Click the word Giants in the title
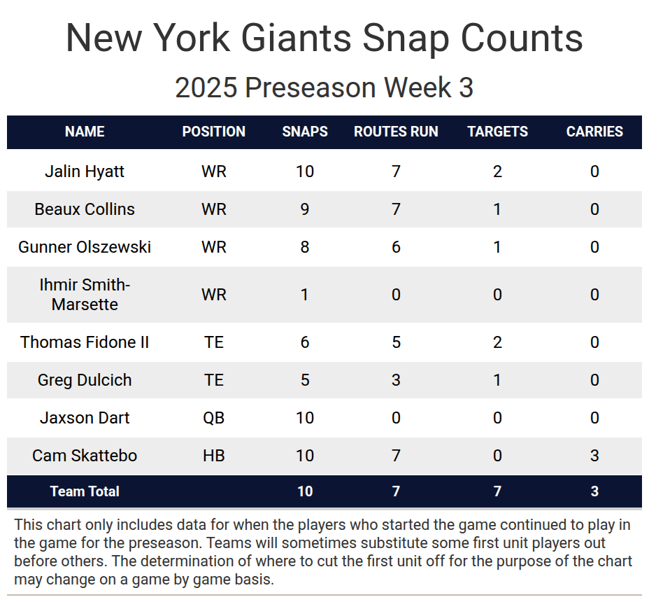[x=296, y=38]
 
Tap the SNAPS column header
[x=305, y=132]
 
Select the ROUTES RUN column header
[x=396, y=132]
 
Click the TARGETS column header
[x=497, y=132]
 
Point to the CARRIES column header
[x=594, y=132]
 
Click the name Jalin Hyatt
[x=85, y=171]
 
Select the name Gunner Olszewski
[x=85, y=247]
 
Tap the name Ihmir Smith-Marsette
[x=85, y=295]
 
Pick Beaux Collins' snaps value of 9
[x=305, y=209]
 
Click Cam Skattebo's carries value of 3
[x=594, y=456]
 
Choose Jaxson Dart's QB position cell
[x=213, y=418]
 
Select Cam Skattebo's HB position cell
[x=213, y=456]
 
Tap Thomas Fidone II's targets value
[x=497, y=342]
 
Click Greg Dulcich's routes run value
[x=396, y=380]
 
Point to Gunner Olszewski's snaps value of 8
[x=305, y=247]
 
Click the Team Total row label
[x=85, y=491]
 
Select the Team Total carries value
[x=594, y=491]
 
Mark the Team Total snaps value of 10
[x=305, y=491]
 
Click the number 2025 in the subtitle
[x=206, y=87]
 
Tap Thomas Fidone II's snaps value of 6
[x=305, y=342]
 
